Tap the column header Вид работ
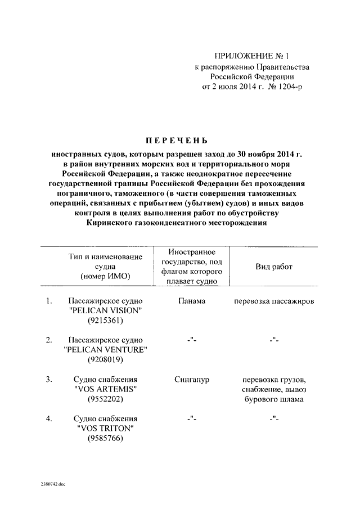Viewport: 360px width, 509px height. tap(274, 267)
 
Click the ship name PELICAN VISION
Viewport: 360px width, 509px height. tap(105, 311)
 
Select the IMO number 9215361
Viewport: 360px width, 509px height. tap(105, 321)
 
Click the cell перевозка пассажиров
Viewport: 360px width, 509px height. tap(274, 301)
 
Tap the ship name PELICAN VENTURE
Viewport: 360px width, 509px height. tap(105, 350)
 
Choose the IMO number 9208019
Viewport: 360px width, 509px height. tap(105, 360)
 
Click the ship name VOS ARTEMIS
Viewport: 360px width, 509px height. tap(105, 389)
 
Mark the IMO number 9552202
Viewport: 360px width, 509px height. tap(105, 399)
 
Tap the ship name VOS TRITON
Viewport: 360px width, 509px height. tap(105, 428)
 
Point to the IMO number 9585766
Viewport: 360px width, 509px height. tap(105, 438)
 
